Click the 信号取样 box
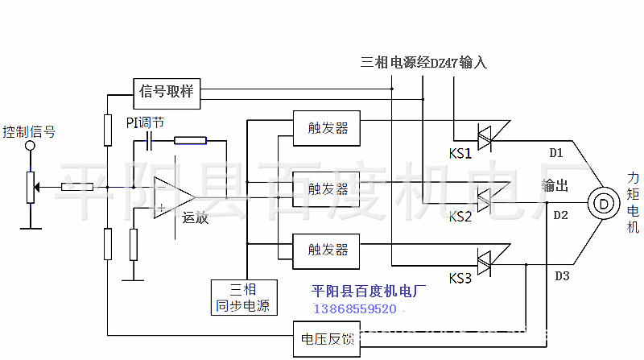point(167,93)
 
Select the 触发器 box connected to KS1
point(327,128)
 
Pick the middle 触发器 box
point(326,189)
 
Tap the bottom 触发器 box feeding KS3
point(326,251)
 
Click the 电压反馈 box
point(327,339)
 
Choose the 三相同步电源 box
point(244,297)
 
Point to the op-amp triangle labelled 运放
point(174,197)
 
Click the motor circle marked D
point(603,204)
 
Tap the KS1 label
point(460,154)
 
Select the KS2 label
point(460,216)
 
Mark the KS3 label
point(460,278)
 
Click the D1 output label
point(556,153)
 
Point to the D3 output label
point(562,275)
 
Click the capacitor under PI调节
point(149,142)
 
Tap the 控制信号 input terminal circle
point(30,146)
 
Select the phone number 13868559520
point(355,309)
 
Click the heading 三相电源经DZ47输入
point(424,63)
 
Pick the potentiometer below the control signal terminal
point(31,188)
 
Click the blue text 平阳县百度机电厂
point(369,292)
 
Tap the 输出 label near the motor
point(555,186)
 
